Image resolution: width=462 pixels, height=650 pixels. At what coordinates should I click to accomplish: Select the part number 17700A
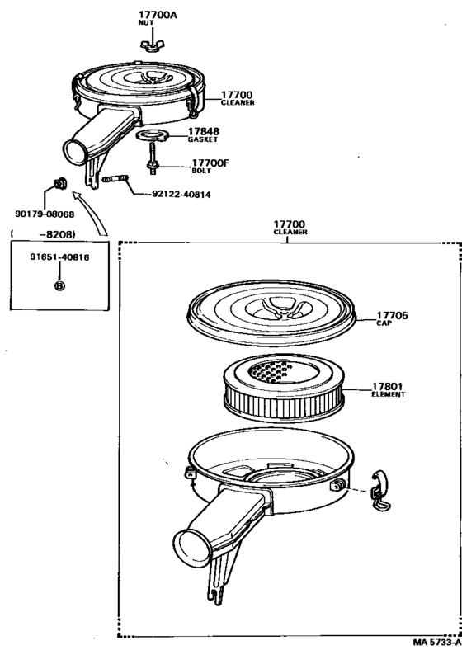(152, 15)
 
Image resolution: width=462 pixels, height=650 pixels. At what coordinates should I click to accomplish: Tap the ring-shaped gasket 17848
(151, 134)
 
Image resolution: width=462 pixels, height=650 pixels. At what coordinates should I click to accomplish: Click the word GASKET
(202, 140)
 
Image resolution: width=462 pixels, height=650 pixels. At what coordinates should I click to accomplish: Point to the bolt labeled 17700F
(153, 163)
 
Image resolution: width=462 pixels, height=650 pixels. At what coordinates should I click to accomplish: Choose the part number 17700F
(210, 163)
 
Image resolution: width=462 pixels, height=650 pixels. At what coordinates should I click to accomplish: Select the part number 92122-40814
(182, 195)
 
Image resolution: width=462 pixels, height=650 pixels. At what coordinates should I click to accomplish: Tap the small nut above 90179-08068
(60, 183)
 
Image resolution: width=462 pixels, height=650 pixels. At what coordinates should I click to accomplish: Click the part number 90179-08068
(45, 214)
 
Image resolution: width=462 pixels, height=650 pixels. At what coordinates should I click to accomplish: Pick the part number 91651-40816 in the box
(59, 257)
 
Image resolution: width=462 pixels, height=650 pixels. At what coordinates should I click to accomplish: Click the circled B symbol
(59, 285)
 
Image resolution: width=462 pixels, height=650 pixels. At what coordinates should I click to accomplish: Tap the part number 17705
(393, 316)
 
